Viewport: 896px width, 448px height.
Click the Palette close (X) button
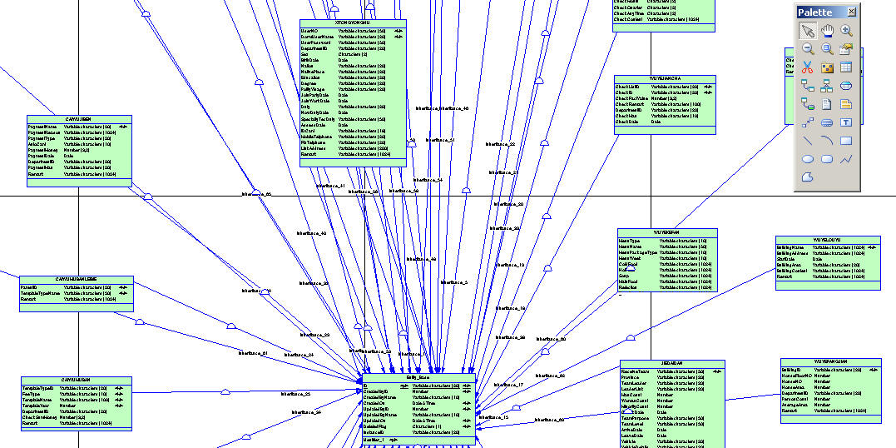click(851, 12)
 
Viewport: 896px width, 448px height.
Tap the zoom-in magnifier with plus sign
click(847, 31)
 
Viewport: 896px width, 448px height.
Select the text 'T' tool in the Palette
click(847, 122)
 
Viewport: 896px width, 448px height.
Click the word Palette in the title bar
click(814, 12)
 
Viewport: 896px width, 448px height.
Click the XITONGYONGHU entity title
click(353, 23)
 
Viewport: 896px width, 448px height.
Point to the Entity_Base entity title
click(418, 377)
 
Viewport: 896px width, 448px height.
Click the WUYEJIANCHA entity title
click(665, 79)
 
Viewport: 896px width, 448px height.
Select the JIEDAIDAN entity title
click(672, 364)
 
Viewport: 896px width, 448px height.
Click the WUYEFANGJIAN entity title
click(830, 363)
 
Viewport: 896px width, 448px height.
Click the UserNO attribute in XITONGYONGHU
click(309, 31)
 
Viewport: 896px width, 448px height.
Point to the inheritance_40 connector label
click(312, 234)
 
